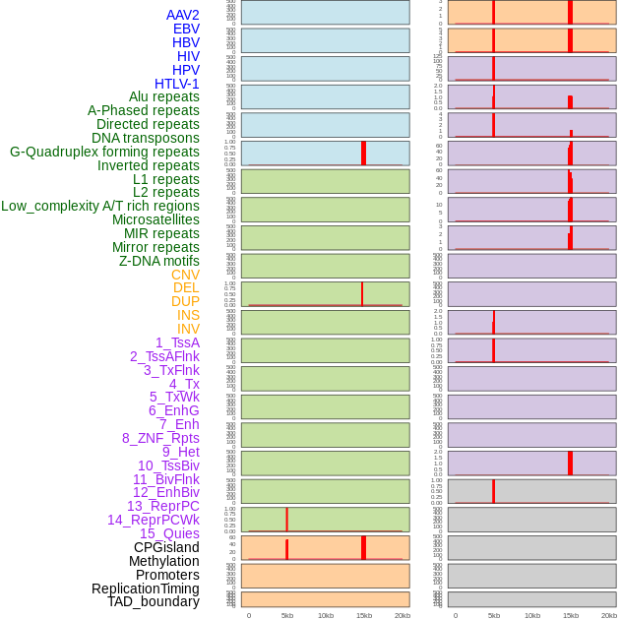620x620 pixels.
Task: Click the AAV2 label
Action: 183,15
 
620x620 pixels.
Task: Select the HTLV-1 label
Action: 177,84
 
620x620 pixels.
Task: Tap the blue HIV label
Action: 188,56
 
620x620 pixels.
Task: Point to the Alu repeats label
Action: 164,96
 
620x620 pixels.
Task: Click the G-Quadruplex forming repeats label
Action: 104,152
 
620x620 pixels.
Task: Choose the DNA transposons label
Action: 146,138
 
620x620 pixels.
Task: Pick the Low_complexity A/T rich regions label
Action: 100,206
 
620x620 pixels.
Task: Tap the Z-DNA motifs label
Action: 159,261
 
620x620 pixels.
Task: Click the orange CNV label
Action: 185,275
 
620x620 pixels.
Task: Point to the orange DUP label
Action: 185,301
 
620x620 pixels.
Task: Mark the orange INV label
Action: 188,329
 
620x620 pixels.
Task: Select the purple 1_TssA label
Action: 177,342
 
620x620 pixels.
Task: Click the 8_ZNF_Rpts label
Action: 160,438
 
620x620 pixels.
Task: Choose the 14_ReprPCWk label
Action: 154,520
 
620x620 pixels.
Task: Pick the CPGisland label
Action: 166,547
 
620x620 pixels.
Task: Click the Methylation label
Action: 164,561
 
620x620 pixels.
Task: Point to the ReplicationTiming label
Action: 146,589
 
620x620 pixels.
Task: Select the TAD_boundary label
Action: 154,601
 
